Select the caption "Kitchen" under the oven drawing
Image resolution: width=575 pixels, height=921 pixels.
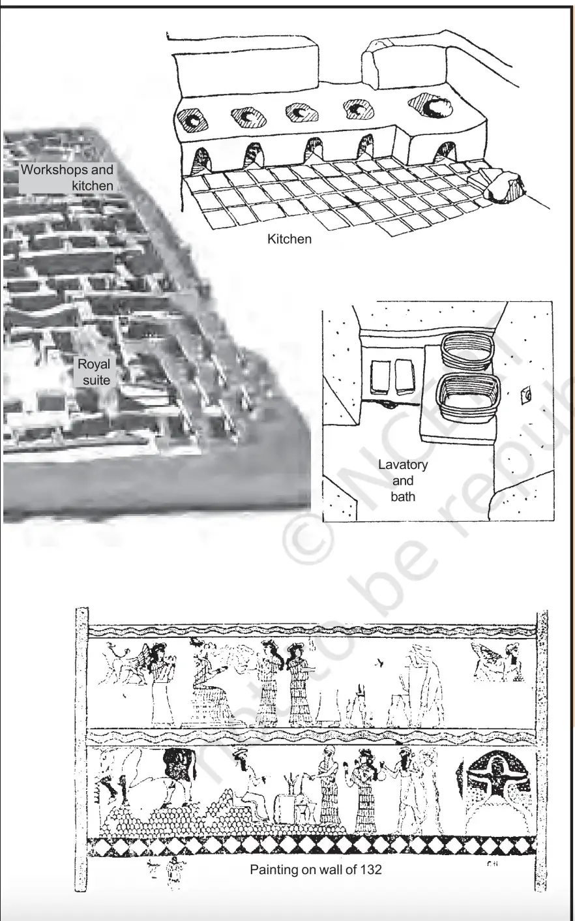tap(289, 239)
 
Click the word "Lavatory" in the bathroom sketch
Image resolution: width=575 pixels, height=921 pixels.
tap(403, 465)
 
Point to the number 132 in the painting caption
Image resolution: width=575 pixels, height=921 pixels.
tap(369, 869)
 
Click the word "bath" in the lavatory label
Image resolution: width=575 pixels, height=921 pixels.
tap(403, 496)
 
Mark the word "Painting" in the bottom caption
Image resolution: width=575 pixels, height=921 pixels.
tap(274, 869)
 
